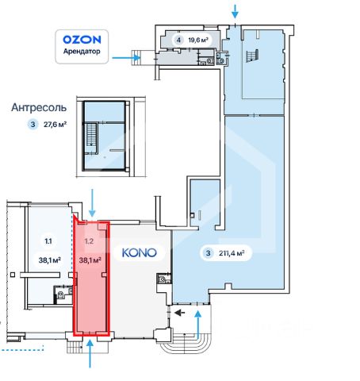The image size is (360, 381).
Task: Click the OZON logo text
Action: [82, 40]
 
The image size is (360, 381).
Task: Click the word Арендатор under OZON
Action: [82, 51]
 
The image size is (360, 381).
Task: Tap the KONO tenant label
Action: [140, 252]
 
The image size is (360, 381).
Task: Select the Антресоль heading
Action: [39, 108]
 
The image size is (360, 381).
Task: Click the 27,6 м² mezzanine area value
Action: [55, 124]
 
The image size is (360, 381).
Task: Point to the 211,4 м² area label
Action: [232, 253]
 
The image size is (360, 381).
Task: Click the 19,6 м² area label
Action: [198, 40]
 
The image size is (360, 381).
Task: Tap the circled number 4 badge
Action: [179, 40]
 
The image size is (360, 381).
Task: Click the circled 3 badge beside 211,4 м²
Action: [209, 253]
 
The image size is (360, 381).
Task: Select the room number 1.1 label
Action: [48, 241]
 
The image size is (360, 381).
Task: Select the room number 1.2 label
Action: [89, 241]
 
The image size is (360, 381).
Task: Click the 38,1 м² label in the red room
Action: [90, 260]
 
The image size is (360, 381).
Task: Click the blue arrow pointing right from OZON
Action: [126, 58]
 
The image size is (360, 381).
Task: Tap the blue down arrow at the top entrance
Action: [235, 11]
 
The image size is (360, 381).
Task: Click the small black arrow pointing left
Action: [180, 313]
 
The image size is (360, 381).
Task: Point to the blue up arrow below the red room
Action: [90, 354]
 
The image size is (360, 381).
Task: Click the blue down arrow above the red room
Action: [92, 203]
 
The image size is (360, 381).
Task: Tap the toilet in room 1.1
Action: [60, 294]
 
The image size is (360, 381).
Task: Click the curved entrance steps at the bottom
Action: [185, 344]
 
